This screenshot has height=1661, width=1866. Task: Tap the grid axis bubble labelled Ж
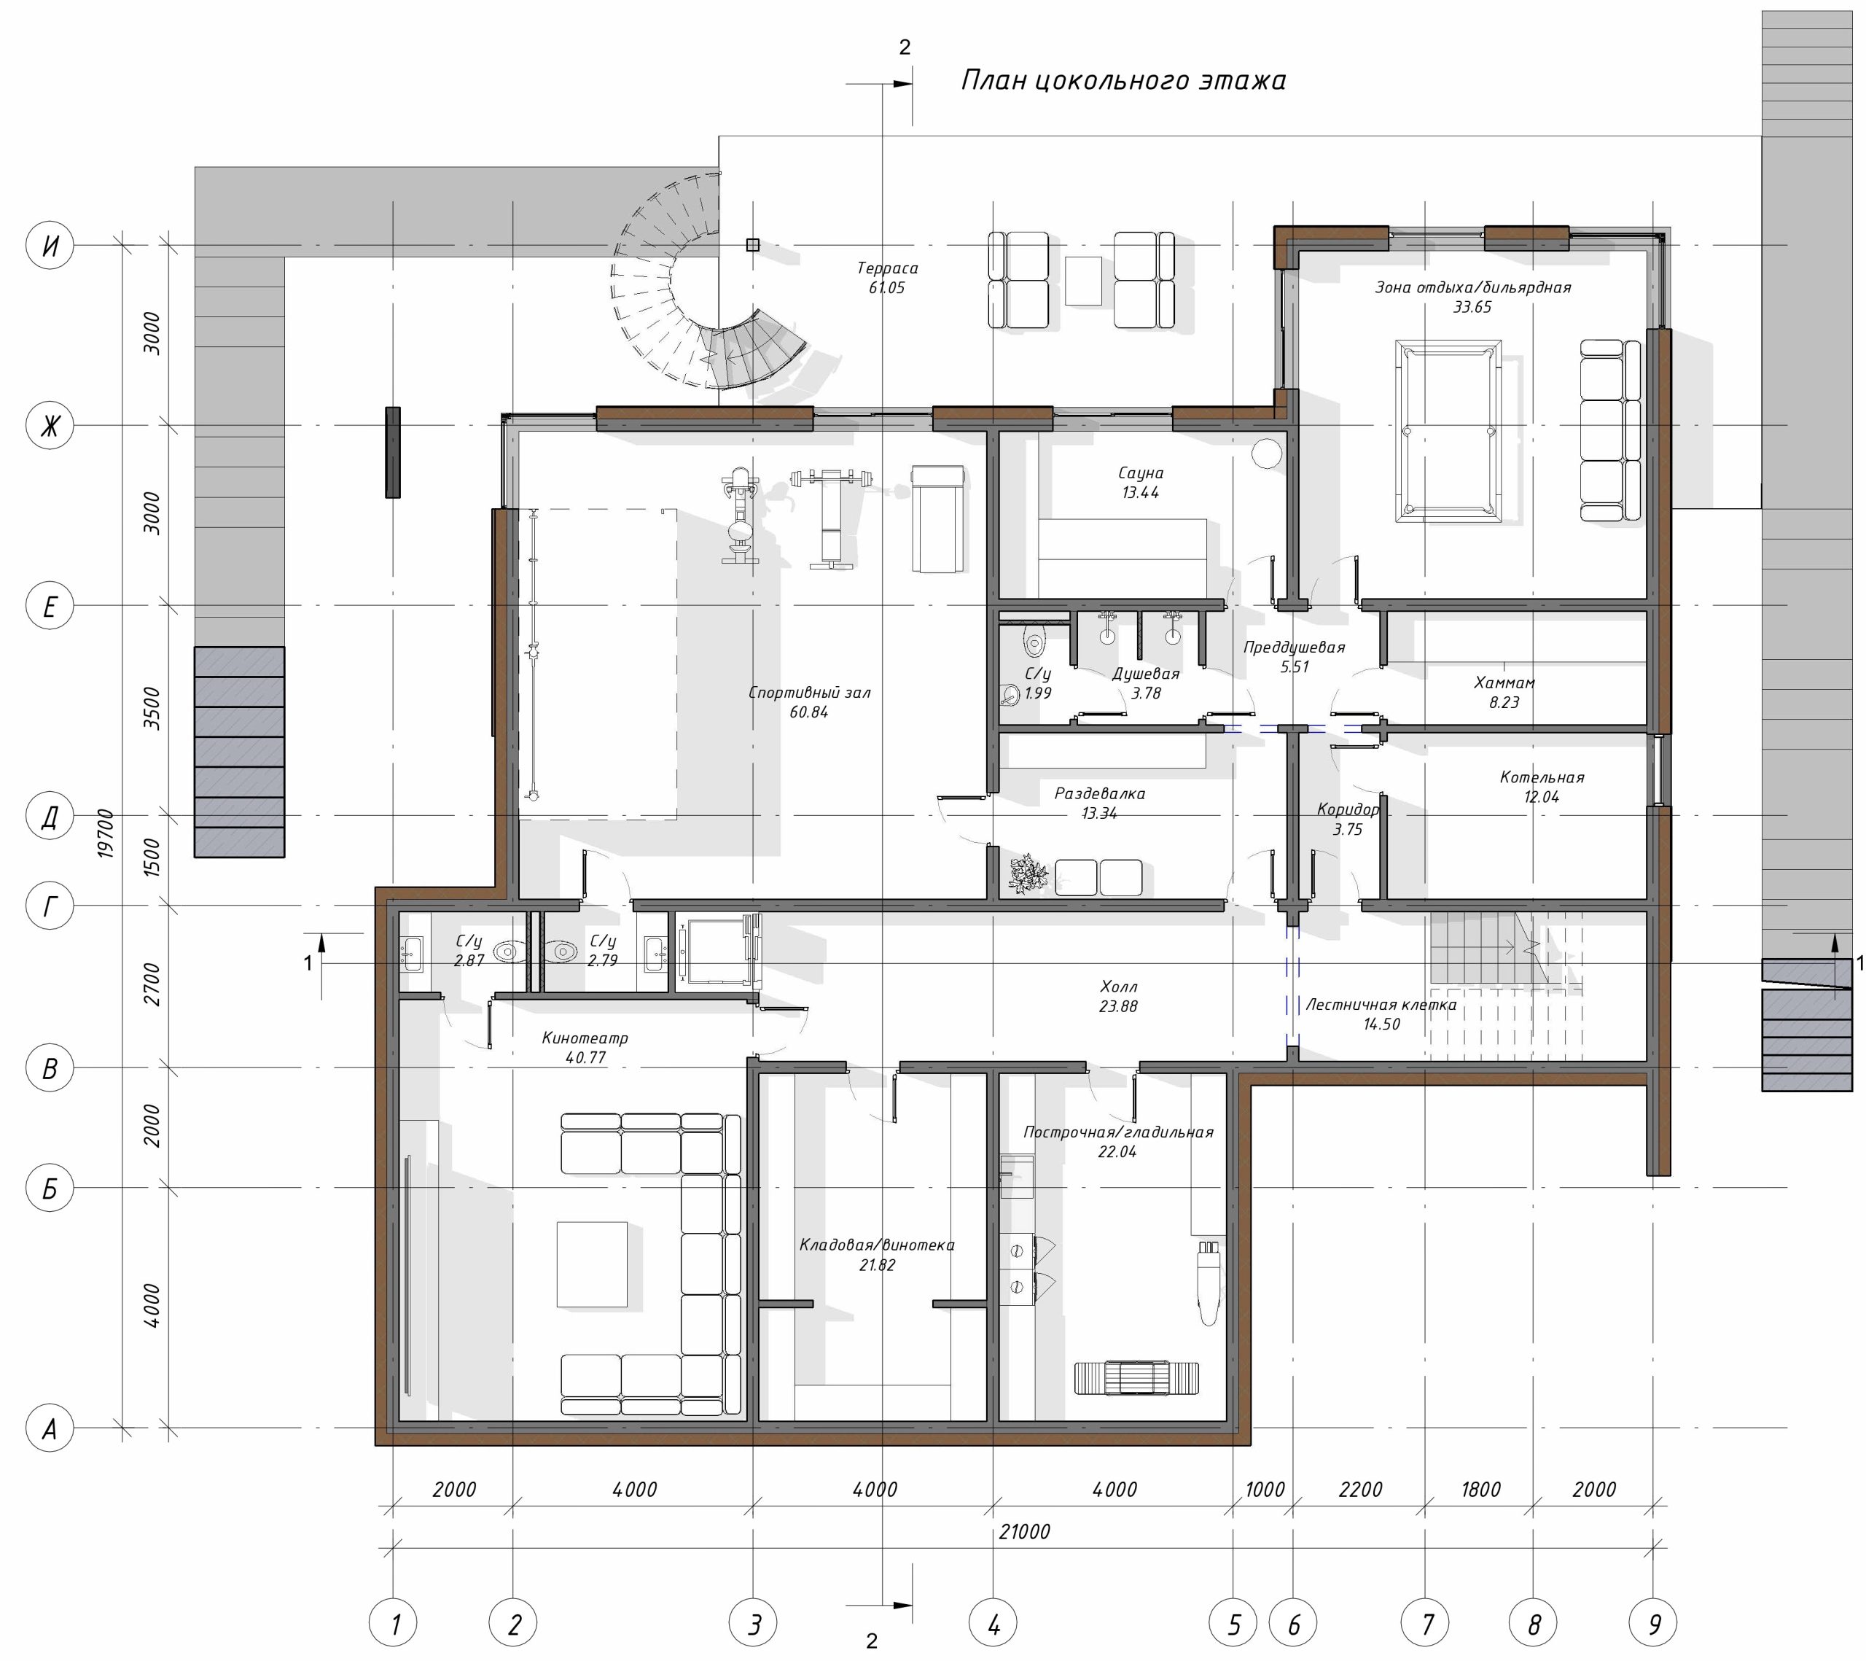pyautogui.click(x=50, y=426)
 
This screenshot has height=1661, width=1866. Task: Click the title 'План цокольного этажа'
pyautogui.click(x=1124, y=81)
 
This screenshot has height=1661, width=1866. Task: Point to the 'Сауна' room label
pyautogui.click(x=1140, y=473)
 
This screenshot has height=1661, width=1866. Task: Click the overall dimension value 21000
pyautogui.click(x=1024, y=1531)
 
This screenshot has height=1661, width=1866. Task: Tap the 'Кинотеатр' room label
pyautogui.click(x=585, y=1038)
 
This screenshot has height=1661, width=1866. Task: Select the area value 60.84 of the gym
pyautogui.click(x=809, y=712)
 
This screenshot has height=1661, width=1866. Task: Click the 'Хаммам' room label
pyautogui.click(x=1504, y=682)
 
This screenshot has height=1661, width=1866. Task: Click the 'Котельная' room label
pyautogui.click(x=1542, y=777)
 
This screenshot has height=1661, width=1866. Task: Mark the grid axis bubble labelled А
pyautogui.click(x=50, y=1428)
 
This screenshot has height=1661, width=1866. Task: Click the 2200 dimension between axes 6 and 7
pyautogui.click(x=1360, y=1490)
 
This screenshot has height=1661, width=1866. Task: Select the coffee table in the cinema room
pyautogui.click(x=593, y=1264)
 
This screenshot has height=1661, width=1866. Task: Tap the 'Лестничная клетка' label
pyautogui.click(x=1381, y=1005)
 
